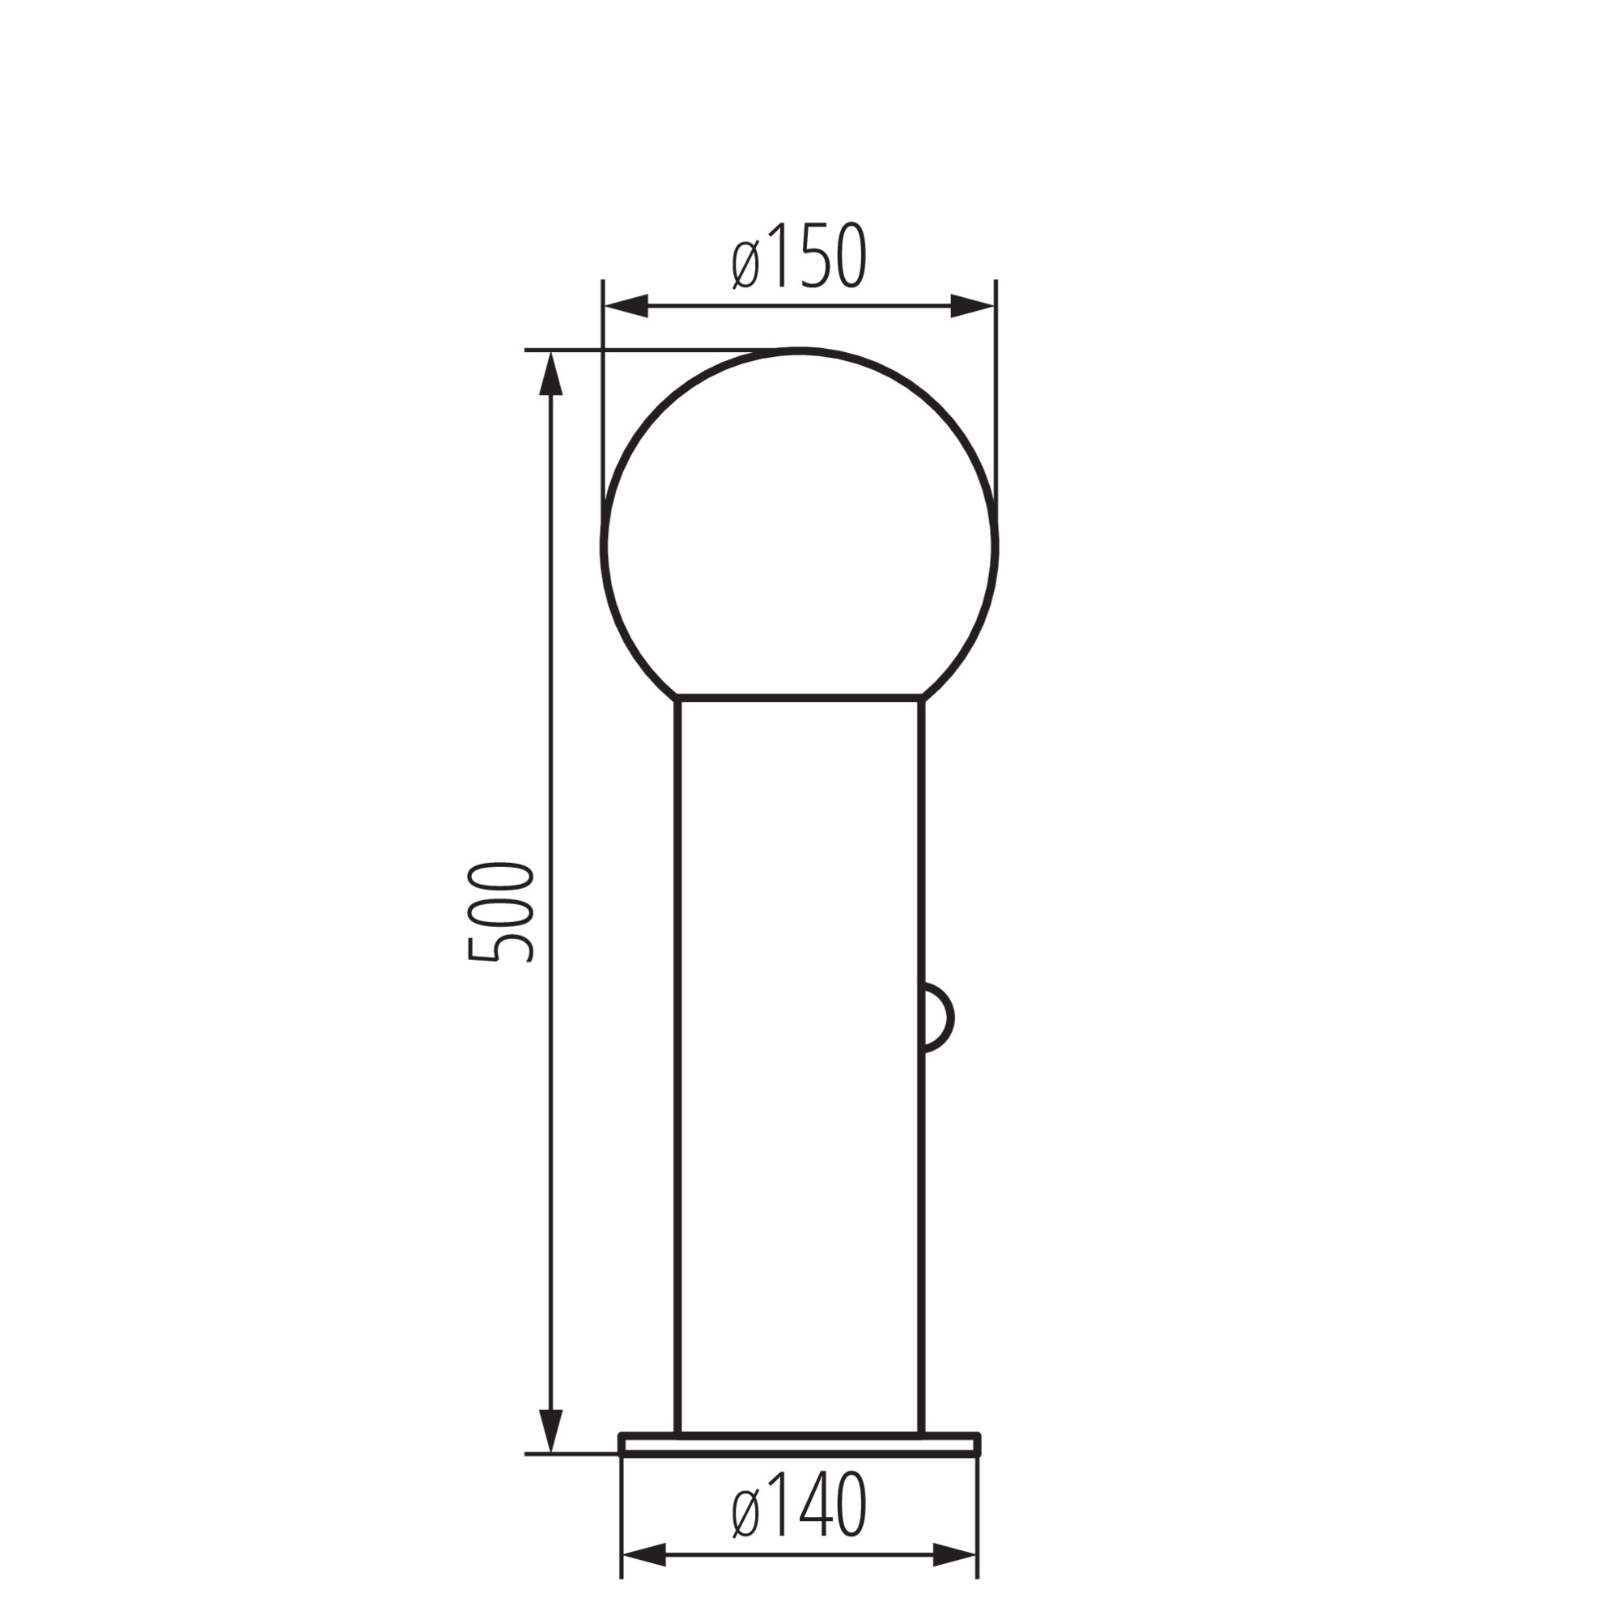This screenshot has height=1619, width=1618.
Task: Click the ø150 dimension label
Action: pos(799,257)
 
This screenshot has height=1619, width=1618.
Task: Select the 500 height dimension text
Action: pos(501,911)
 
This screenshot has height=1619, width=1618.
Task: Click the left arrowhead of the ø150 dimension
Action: pos(626,306)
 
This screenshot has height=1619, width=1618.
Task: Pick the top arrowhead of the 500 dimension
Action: pos(550,373)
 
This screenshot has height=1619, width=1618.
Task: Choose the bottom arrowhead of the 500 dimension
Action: pos(550,1431)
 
